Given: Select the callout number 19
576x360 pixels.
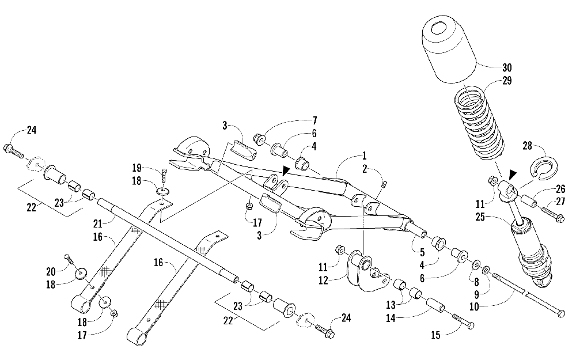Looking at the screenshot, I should pos(137,169).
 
